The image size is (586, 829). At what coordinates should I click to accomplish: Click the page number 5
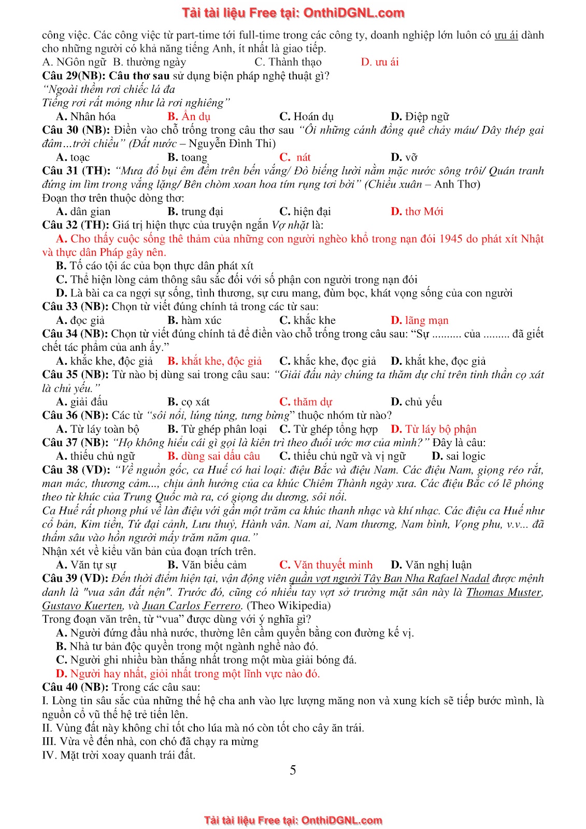coord(293,770)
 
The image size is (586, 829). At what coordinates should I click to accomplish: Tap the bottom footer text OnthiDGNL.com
coord(341,820)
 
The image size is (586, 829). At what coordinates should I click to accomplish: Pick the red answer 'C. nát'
coord(295,157)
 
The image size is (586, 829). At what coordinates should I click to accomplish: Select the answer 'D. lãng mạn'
coord(419,320)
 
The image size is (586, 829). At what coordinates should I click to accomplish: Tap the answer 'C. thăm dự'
coord(305,402)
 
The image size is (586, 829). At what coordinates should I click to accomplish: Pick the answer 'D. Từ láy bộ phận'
coord(433,429)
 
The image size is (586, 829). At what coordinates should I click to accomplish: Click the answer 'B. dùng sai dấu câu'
coord(213,456)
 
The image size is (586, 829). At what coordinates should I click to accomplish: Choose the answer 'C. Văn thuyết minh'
coord(325,565)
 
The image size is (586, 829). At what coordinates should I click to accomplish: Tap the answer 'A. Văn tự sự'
coord(86,565)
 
